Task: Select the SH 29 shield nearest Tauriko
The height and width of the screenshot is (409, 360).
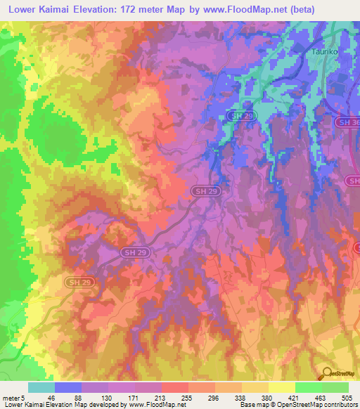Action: (242, 115)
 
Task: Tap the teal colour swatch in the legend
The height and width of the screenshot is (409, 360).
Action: (41, 387)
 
